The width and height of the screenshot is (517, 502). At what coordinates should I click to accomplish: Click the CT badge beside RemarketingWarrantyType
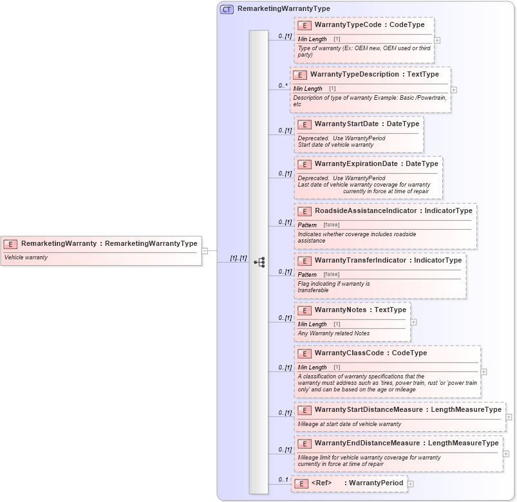click(x=227, y=9)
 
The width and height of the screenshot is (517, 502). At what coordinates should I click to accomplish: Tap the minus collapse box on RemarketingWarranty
click(x=205, y=251)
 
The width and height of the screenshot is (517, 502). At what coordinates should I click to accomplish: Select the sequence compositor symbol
click(x=259, y=262)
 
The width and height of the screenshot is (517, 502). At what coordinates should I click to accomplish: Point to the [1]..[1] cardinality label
click(x=239, y=258)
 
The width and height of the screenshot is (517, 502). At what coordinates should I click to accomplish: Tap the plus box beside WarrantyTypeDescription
click(x=454, y=90)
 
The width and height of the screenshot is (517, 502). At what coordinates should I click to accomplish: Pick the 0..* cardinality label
click(x=283, y=85)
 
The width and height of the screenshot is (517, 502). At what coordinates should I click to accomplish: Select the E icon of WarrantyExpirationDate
click(x=305, y=164)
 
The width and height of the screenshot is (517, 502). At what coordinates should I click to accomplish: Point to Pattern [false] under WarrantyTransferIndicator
click(x=318, y=275)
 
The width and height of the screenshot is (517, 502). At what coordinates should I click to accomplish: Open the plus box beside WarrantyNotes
click(x=413, y=322)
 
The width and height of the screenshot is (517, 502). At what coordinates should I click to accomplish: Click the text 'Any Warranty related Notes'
click(x=334, y=333)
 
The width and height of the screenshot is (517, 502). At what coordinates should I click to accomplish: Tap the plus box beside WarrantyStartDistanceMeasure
click(x=509, y=417)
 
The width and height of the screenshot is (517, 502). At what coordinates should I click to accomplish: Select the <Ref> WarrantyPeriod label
click(x=357, y=483)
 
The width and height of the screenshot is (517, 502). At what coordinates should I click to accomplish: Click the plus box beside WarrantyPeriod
click(x=411, y=484)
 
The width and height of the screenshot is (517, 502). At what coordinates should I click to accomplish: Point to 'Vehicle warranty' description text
click(x=26, y=257)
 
